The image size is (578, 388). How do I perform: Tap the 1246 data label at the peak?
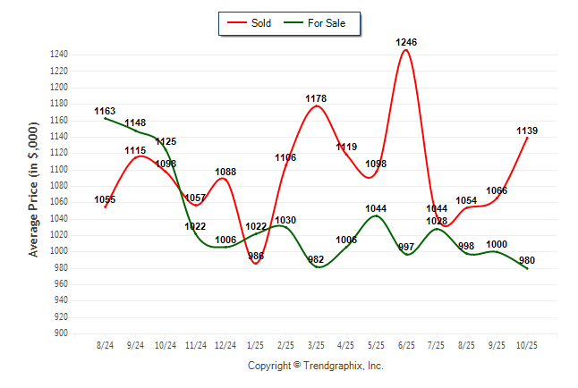point(406,42)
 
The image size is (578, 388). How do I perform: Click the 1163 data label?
point(106,112)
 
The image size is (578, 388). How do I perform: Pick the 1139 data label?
point(527,131)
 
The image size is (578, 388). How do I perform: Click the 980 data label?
point(527,261)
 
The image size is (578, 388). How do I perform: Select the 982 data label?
point(317,259)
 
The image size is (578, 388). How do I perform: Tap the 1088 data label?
point(226,173)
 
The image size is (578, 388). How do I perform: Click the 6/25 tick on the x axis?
point(406,344)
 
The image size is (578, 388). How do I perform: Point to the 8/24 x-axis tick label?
point(106,344)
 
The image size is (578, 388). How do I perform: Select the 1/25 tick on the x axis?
point(256,344)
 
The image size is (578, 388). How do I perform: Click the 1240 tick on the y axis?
point(58,55)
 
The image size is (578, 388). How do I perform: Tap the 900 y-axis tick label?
point(61,333)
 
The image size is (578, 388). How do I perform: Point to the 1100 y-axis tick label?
point(58,170)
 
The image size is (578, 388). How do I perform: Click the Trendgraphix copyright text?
point(315,366)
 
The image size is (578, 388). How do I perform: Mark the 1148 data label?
point(136,123)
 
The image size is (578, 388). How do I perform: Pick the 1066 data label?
point(497,191)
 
